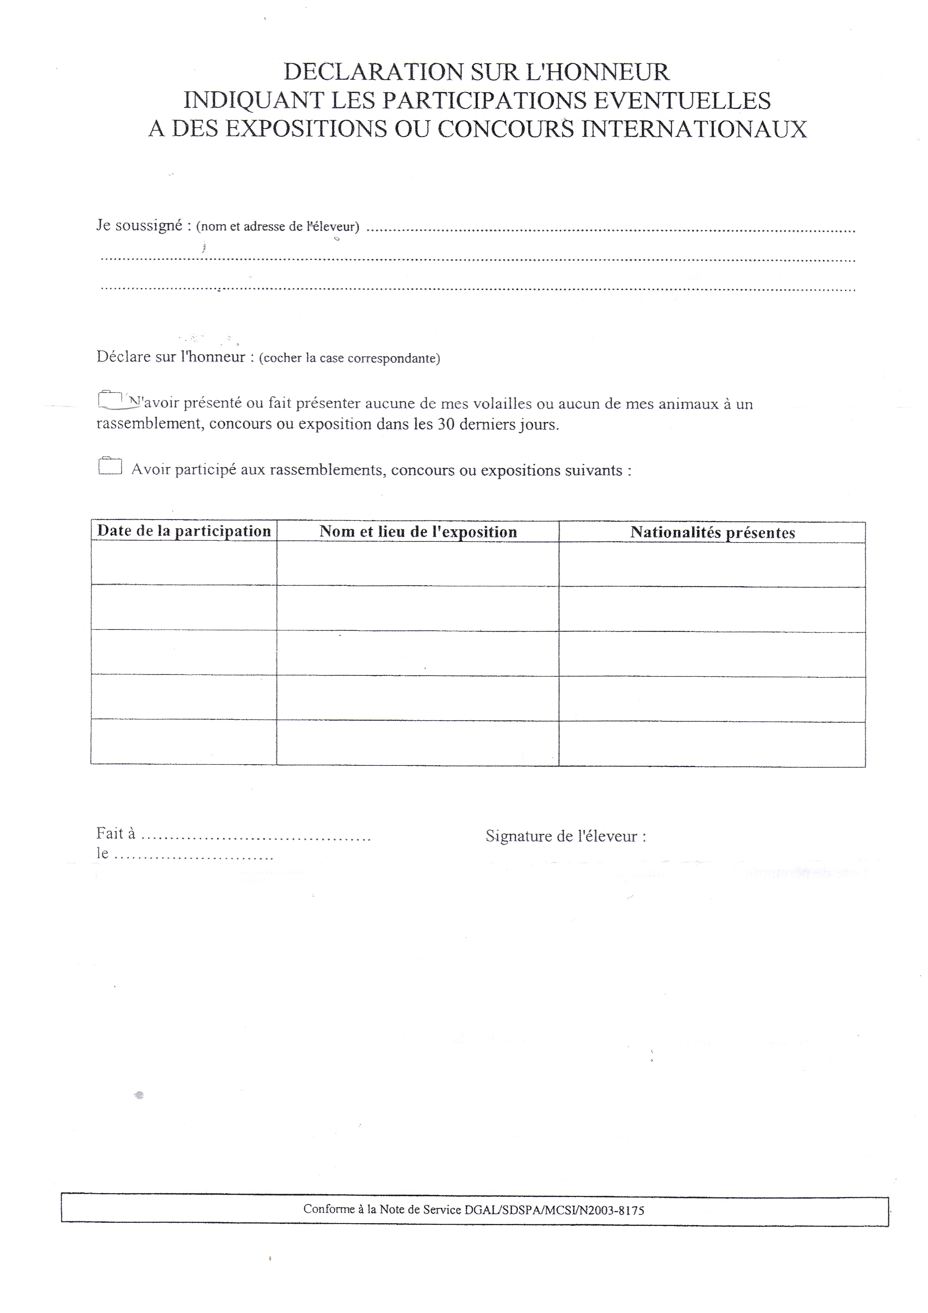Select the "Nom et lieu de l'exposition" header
[418, 532]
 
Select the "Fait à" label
[115, 834]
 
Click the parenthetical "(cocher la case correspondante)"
[349, 358]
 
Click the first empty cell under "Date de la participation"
[184, 563]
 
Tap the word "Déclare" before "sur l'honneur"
[124, 357]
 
